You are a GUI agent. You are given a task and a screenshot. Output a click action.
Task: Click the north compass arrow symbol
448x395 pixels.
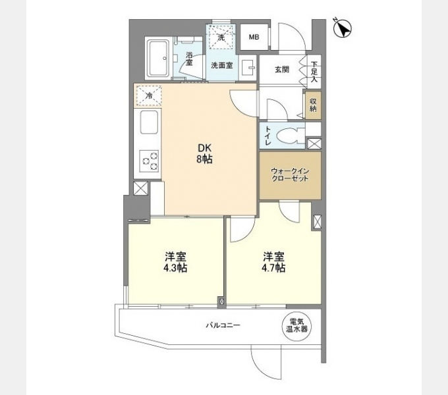pyautogui.click(x=343, y=28)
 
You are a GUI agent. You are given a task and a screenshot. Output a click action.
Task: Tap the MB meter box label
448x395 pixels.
pyautogui.click(x=254, y=37)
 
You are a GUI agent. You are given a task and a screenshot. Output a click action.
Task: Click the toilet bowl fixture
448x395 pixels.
pyautogui.click(x=290, y=136)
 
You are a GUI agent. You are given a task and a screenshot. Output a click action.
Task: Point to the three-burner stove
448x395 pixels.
pyautogui.click(x=149, y=161)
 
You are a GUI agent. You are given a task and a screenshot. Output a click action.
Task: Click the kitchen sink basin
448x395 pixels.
pyautogui.click(x=149, y=122)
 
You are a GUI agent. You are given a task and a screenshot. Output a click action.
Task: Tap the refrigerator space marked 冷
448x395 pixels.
pyautogui.click(x=149, y=96)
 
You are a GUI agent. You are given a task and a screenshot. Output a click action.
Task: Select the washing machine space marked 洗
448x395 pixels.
pyautogui.click(x=221, y=37)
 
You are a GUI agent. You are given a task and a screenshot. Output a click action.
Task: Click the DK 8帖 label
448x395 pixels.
pyautogui.click(x=204, y=153)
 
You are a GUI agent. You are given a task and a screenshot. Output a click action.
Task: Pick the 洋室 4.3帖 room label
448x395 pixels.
pyautogui.click(x=175, y=262)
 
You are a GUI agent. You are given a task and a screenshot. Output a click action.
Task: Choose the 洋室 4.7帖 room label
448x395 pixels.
pyautogui.click(x=273, y=262)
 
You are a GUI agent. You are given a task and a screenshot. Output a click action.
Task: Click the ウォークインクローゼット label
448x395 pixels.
pyautogui.click(x=290, y=175)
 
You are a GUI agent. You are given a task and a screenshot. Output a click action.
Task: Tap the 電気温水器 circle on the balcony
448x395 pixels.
pyautogui.click(x=297, y=325)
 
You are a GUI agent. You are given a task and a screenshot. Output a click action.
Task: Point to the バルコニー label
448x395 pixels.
pyautogui.click(x=223, y=325)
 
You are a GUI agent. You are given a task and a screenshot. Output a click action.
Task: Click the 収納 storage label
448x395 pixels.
pyautogui.click(x=313, y=105)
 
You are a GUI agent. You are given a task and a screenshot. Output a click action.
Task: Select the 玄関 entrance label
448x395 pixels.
pyautogui.click(x=282, y=69)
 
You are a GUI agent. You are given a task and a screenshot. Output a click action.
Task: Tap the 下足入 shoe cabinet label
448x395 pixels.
pyautogui.click(x=314, y=72)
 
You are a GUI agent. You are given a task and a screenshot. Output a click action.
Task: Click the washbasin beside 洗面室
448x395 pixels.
pyautogui.click(x=248, y=68)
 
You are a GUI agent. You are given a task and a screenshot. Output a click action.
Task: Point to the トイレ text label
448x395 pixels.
pyautogui.click(x=268, y=136)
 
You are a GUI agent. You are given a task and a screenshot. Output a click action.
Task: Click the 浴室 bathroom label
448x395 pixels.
pyautogui.click(x=189, y=59)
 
